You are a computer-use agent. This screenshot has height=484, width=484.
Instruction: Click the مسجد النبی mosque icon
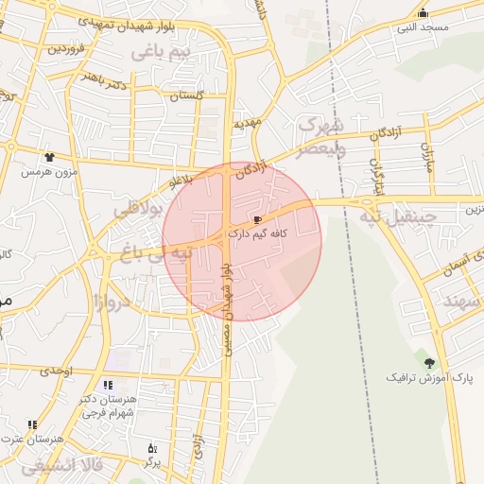pyautogui.click(x=423, y=12)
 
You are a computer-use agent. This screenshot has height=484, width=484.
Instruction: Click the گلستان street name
pyautogui.click(x=185, y=95)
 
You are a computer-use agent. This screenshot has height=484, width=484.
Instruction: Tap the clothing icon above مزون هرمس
pyautogui.click(x=48, y=158)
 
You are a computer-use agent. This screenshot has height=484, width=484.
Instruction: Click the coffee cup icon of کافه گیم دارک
pyautogui.click(x=258, y=219)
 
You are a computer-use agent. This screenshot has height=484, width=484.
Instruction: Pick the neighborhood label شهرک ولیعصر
pyautogui.click(x=321, y=136)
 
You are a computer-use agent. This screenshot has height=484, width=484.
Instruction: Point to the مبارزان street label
pyautogui.click(x=427, y=156)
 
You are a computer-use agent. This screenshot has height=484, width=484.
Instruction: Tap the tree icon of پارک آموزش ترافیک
pyautogui.click(x=431, y=363)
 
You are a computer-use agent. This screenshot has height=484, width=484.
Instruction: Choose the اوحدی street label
pyautogui.click(x=57, y=370)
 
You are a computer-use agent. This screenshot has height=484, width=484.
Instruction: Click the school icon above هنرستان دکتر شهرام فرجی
pyautogui.click(x=108, y=385)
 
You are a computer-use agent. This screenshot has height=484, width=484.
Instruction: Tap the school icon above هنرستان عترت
pyautogui.click(x=32, y=425)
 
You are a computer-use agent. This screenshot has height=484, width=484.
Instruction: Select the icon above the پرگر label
pyautogui.click(x=149, y=448)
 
